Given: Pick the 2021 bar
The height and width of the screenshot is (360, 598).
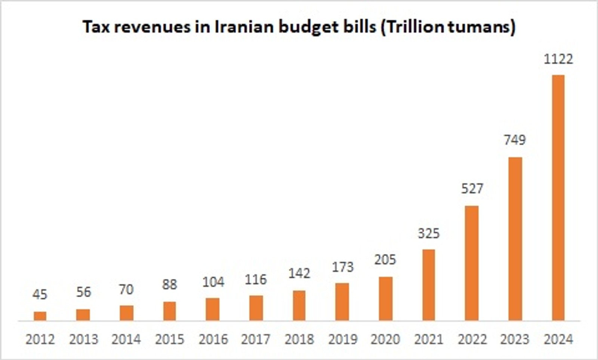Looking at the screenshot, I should (x=429, y=285).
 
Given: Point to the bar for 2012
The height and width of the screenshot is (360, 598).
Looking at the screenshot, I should (x=40, y=316).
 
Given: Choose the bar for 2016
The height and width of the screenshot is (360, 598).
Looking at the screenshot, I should (x=213, y=309).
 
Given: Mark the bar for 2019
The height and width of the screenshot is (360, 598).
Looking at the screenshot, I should (x=342, y=302).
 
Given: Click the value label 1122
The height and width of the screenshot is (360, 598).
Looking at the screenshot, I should (x=558, y=59).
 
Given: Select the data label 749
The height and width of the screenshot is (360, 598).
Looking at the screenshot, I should (x=515, y=140).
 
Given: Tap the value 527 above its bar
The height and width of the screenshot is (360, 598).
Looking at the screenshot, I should (x=472, y=188).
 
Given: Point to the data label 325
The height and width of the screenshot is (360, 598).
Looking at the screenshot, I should (x=429, y=233).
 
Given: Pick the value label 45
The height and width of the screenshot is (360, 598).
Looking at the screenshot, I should (x=40, y=295).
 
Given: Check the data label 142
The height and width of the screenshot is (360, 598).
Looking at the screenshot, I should (x=299, y=273).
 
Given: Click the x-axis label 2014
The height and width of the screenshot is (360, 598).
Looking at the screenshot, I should (x=126, y=339).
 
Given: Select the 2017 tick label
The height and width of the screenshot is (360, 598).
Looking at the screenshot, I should (x=256, y=339).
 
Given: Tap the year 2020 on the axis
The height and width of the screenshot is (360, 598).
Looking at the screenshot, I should (x=385, y=339).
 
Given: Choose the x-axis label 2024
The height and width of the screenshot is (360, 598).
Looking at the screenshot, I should (x=558, y=339).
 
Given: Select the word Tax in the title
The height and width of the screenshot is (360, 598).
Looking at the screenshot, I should (x=96, y=27).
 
